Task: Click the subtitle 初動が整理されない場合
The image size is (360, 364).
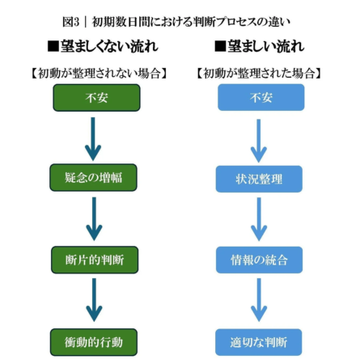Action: click(x=97, y=74)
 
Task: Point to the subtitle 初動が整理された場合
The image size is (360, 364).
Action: click(x=259, y=74)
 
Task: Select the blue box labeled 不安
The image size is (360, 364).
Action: click(x=259, y=98)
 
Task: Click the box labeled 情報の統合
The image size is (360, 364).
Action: click(x=259, y=260)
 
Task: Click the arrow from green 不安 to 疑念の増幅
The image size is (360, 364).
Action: click(x=95, y=138)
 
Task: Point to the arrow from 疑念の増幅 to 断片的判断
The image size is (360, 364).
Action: click(x=95, y=219)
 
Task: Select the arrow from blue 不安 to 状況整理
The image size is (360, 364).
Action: click(x=258, y=138)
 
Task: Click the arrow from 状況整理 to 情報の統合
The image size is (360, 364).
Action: click(x=258, y=219)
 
